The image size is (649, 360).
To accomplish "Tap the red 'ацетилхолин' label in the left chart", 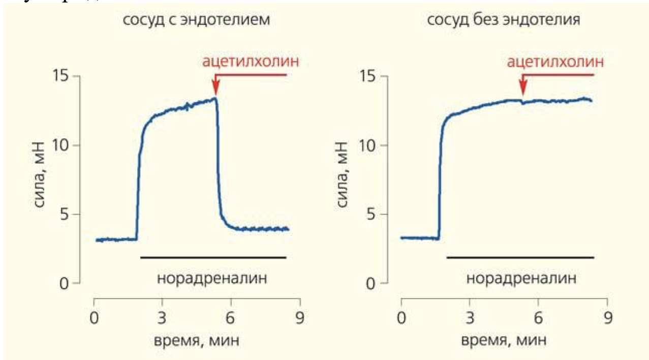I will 251,62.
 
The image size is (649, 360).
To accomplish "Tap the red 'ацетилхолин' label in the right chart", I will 557,62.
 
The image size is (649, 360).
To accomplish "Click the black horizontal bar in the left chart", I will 213,258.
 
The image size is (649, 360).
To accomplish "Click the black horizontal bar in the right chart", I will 520,258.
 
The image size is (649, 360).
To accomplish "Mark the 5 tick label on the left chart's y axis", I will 65,215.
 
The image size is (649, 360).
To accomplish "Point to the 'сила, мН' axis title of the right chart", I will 344,180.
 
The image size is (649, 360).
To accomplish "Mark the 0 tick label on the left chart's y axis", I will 65,284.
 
